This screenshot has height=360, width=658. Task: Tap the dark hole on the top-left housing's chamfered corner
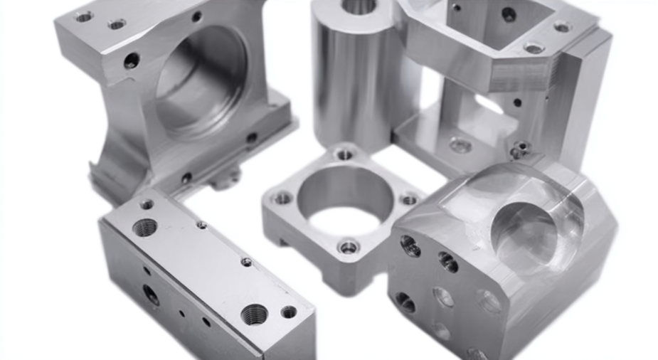click(x=132, y=60)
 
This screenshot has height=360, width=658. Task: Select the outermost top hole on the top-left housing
click(x=83, y=16)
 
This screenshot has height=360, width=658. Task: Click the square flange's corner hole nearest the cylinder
click(x=344, y=154)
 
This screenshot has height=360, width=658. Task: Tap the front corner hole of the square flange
click(x=348, y=248)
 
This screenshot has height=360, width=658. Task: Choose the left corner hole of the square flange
click(x=282, y=197)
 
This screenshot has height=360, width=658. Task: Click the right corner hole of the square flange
click(x=408, y=199)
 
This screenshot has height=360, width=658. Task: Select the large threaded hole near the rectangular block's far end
click(x=145, y=228)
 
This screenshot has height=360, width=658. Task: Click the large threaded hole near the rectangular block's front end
click(x=254, y=313)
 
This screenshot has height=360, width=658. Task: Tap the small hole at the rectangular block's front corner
click(x=289, y=312)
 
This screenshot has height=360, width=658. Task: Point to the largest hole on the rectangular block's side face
click(x=151, y=294)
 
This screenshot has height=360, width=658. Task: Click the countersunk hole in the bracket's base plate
click(x=460, y=145)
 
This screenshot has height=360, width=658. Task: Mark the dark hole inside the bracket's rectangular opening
click(x=509, y=14)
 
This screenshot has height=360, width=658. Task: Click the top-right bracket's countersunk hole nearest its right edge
click(x=562, y=27)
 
